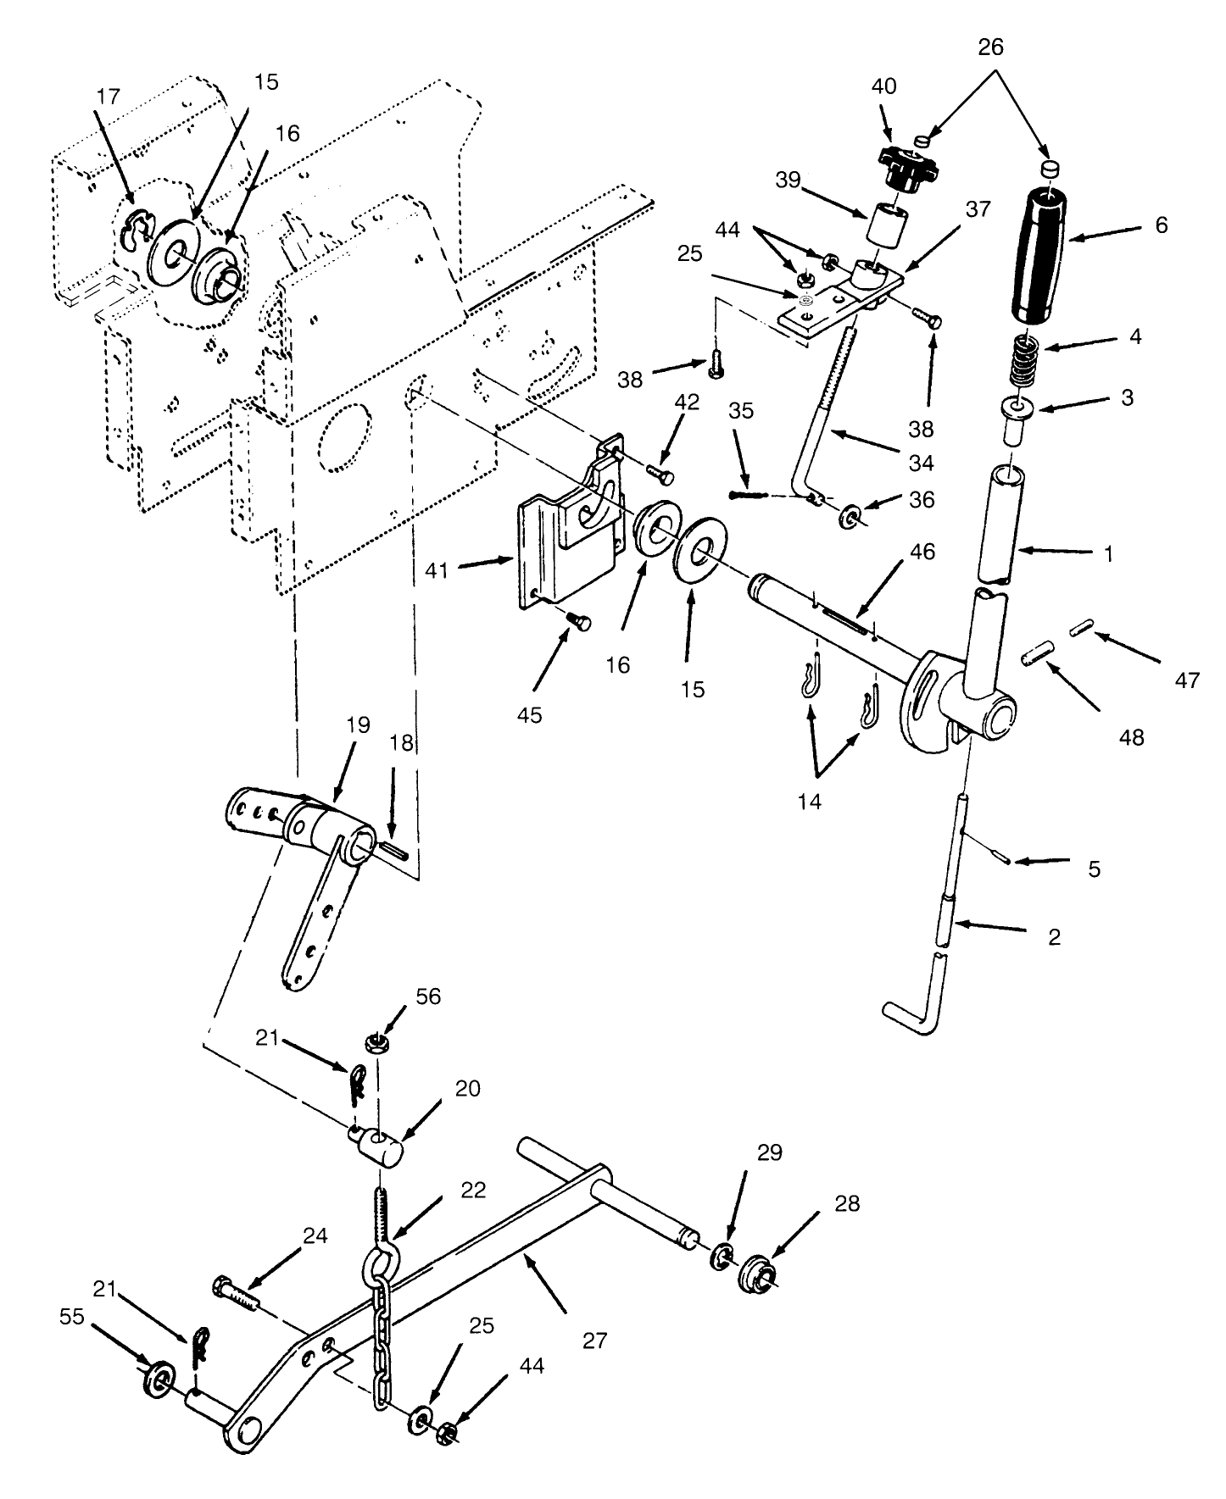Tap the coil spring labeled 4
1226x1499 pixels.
[1022, 360]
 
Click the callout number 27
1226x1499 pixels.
[596, 1341]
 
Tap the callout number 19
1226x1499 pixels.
[358, 725]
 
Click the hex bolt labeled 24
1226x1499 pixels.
[236, 1291]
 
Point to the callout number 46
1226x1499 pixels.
[922, 552]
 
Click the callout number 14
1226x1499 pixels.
[810, 801]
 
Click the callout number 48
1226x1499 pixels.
[1131, 737]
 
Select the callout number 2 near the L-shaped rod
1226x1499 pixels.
[1054, 937]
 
